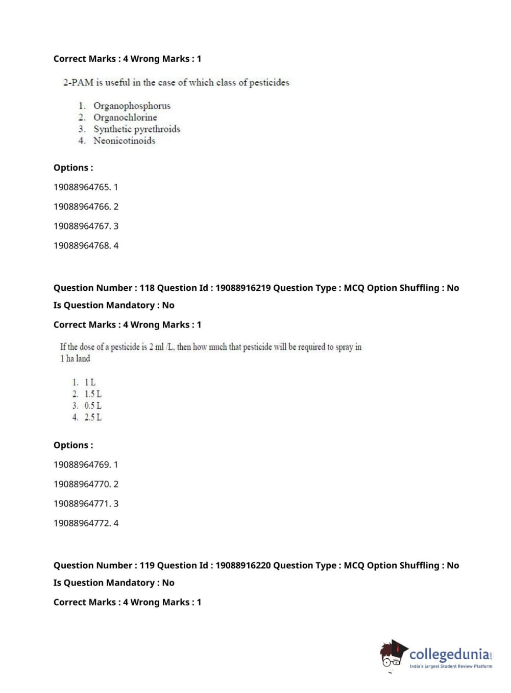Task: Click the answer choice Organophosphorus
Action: point(132,106)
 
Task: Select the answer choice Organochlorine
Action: point(125,118)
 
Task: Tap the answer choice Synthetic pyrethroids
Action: point(136,129)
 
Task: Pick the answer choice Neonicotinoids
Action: point(124,141)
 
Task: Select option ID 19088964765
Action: point(82,187)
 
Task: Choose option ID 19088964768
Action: point(82,245)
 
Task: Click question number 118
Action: point(147,288)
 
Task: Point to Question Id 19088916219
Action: point(242,288)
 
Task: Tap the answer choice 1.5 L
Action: point(92,394)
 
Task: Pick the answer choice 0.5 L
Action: point(92,406)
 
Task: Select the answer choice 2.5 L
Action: point(92,418)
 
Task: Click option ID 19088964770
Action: point(82,484)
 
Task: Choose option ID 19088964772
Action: point(82,523)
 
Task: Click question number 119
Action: point(147,565)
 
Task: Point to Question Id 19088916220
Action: point(242,565)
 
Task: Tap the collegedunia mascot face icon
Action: point(393,655)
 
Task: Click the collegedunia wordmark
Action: point(449,654)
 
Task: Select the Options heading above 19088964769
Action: point(73,445)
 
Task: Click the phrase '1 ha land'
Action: point(75,359)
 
